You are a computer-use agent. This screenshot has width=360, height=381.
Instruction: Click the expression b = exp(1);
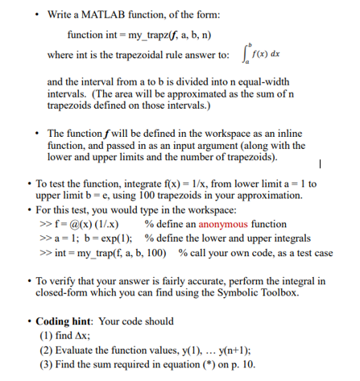click(x=107, y=238)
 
